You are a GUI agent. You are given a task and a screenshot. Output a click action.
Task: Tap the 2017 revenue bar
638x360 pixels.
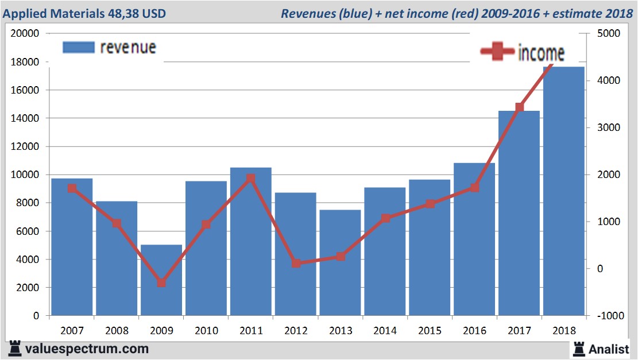pos(519,213)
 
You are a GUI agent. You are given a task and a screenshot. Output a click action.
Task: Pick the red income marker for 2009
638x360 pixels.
pos(161,283)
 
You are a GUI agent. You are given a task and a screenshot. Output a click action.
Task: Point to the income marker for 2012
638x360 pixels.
pos(296,263)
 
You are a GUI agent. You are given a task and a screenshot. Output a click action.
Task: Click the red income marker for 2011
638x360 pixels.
pos(251,179)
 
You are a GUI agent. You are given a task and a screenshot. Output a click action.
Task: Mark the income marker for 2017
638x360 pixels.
pos(520,107)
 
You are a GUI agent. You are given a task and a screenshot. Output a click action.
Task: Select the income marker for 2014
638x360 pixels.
pos(385,218)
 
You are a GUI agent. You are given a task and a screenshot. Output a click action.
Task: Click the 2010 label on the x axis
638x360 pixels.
pos(206,331)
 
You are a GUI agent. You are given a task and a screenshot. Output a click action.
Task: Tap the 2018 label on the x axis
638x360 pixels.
pos(564,331)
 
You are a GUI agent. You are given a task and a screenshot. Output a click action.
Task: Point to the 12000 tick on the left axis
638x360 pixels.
pos(25,146)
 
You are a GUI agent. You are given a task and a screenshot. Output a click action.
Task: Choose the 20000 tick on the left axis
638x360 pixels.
pos(25,33)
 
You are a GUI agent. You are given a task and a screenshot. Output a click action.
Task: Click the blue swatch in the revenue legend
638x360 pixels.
pos(78,47)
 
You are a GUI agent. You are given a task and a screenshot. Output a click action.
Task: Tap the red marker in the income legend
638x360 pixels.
pos(497,52)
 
